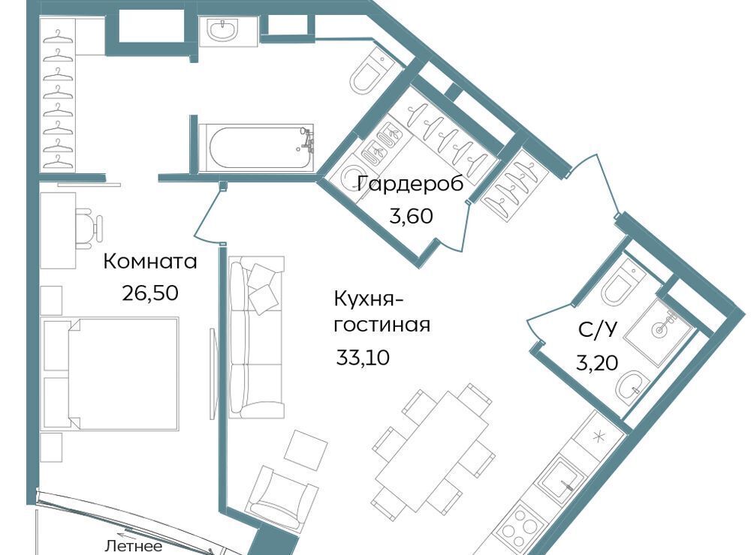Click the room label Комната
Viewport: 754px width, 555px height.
150,262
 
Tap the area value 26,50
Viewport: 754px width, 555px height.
150,292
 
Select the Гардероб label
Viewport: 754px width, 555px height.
411,184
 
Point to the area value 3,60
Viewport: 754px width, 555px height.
411,216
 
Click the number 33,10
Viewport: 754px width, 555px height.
363,358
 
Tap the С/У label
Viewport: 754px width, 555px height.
597,330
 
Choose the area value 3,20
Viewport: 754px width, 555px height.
597,363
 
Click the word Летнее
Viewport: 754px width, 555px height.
133,546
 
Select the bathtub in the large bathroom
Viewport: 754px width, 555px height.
256,147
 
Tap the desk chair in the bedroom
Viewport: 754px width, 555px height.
90,228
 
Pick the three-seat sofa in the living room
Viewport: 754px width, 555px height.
257,337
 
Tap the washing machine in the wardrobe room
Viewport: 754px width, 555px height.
355,175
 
